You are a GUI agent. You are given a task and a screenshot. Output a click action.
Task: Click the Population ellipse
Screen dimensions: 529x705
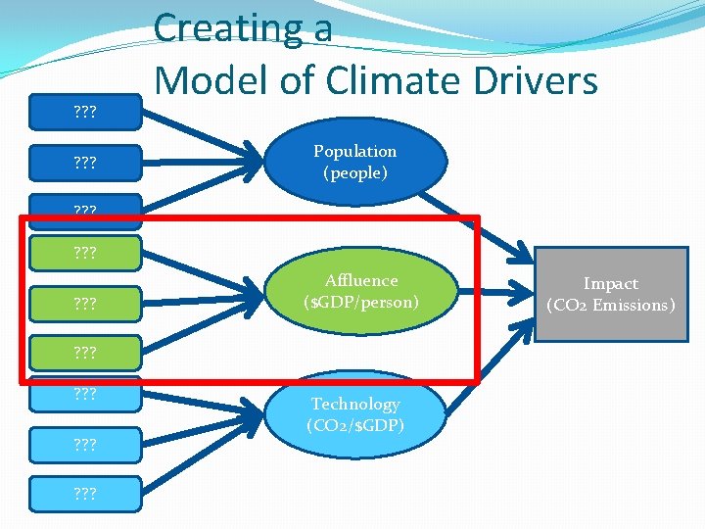tap(354, 162)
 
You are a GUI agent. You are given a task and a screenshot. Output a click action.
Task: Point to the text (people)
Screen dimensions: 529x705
tap(354, 173)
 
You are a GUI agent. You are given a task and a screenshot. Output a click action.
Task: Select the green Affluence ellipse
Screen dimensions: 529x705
tap(361, 291)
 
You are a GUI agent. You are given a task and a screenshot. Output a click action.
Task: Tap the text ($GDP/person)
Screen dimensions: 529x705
tap(361, 303)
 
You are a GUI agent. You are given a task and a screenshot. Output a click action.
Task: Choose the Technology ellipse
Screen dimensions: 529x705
tap(354, 414)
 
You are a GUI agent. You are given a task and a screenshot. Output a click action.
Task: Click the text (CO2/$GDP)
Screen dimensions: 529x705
tap(354, 426)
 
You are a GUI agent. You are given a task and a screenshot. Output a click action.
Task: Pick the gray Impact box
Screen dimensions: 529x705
tap(610, 294)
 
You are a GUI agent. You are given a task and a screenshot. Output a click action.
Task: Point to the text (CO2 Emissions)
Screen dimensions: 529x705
tap(610, 306)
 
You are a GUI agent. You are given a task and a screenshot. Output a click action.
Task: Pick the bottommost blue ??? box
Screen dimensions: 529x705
tap(85, 493)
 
